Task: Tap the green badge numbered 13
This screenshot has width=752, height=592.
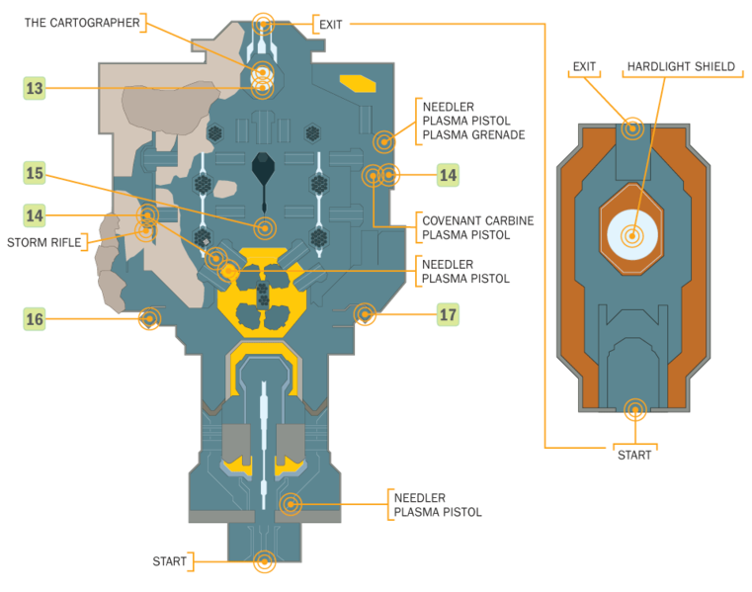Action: [36, 88]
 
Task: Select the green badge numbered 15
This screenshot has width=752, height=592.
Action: [36, 174]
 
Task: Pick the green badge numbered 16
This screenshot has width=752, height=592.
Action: [36, 318]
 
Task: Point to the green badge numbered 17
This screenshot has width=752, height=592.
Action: [448, 316]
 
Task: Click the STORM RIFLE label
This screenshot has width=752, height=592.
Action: [44, 241]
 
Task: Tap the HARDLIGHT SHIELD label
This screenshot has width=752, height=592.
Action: [681, 67]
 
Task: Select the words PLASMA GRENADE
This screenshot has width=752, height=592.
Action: [473, 135]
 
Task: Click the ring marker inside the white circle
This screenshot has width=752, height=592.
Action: [631, 235]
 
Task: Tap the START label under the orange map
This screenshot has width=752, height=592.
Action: [634, 455]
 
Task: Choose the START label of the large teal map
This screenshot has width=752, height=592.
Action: [170, 561]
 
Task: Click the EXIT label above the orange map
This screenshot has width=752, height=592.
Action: [585, 67]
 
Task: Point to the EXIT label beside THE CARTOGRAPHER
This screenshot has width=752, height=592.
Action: [331, 24]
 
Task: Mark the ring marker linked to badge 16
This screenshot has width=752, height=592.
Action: [149, 317]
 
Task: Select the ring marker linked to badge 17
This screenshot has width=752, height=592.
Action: [365, 314]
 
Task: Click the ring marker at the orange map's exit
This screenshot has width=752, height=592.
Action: [631, 127]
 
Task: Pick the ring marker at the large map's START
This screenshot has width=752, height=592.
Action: [263, 561]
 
